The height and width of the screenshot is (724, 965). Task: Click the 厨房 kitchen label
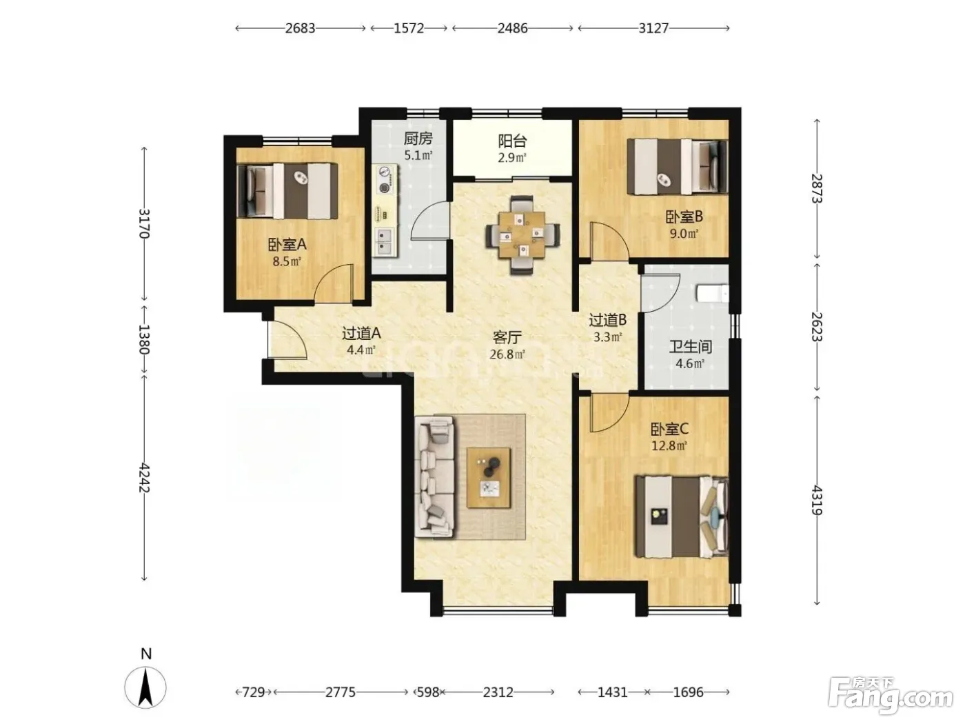coord(418,139)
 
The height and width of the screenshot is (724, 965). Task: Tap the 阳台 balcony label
coord(512,141)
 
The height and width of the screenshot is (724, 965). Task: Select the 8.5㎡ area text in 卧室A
coord(287,261)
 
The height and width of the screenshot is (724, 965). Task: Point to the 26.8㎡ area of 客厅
coord(507,354)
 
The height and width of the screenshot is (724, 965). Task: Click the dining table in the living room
coord(522,235)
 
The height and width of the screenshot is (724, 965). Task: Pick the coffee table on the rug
coord(489,477)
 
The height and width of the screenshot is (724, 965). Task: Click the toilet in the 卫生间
coord(713,294)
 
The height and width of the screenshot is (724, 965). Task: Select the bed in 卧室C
coord(682,517)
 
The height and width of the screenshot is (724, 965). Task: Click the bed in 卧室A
coord(287,191)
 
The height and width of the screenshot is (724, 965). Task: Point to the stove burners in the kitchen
coord(385,179)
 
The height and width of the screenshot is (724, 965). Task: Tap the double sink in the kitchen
coord(385,241)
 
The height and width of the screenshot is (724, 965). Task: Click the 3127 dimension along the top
coord(653,28)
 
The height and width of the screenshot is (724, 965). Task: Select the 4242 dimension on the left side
coord(144,477)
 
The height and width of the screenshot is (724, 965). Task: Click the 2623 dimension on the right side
coord(817,327)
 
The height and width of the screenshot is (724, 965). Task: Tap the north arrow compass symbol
coord(145,687)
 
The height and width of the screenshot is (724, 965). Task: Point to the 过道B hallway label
coord(607,320)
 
